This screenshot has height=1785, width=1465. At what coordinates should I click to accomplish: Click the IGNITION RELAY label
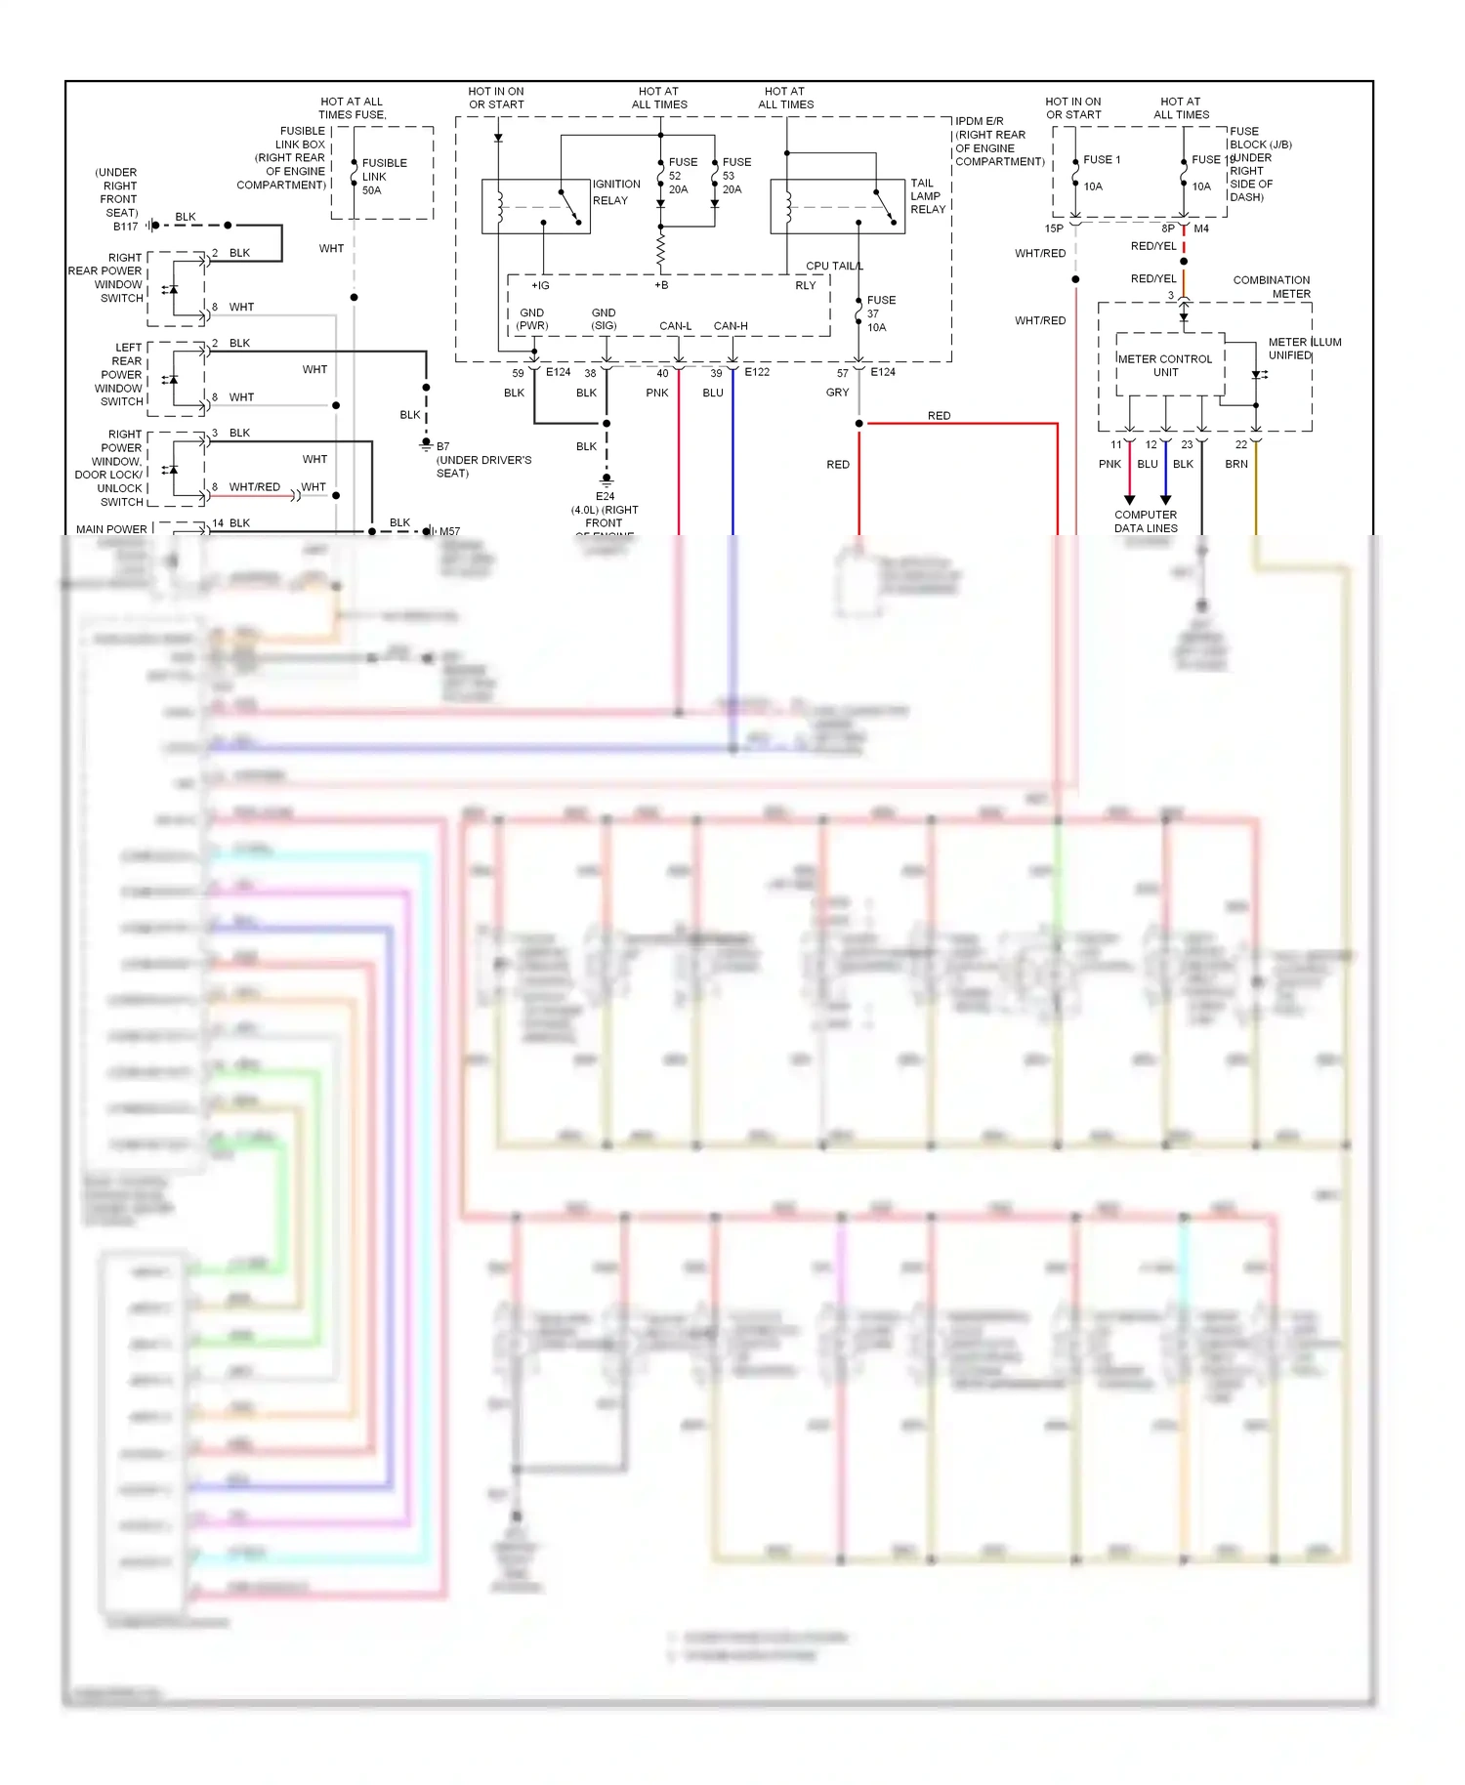(616, 192)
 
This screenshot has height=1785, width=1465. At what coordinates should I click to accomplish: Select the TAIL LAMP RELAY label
(927, 196)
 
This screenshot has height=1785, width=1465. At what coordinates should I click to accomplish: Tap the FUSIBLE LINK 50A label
(384, 177)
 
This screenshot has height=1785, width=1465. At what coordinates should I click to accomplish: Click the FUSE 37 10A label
(880, 313)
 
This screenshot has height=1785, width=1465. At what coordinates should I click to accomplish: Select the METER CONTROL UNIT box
(1165, 366)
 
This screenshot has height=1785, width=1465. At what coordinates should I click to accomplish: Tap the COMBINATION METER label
(1271, 287)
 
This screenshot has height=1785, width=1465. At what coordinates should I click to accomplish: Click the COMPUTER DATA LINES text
(1146, 521)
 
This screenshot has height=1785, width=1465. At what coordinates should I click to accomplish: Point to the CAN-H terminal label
(731, 326)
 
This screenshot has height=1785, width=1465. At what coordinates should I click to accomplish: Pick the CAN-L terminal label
(675, 326)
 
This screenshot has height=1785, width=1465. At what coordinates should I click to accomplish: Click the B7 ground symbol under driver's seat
(426, 445)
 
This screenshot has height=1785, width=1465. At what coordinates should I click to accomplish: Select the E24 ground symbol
(607, 480)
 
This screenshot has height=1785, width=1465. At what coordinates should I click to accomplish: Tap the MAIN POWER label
(111, 529)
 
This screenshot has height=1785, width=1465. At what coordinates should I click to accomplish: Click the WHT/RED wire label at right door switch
(254, 487)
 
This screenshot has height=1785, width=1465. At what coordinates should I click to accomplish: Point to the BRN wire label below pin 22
(1236, 465)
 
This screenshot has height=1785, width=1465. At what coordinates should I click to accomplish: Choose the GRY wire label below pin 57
(837, 393)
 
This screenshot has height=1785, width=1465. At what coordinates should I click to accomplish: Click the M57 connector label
(449, 532)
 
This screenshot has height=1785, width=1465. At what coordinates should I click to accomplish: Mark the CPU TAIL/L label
(834, 267)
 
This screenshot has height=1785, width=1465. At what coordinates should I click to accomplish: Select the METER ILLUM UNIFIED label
(1304, 349)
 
